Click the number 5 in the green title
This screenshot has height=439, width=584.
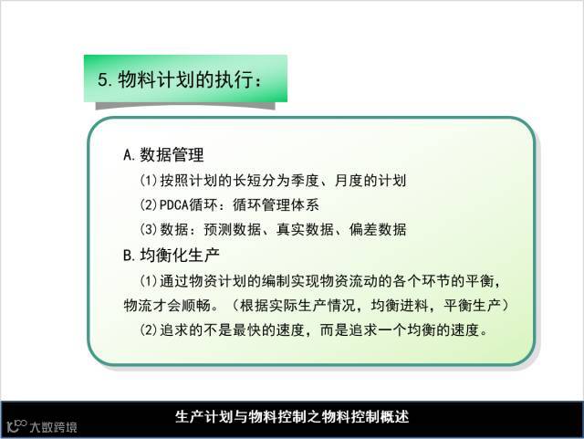103,79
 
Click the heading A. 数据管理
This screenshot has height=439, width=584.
163,154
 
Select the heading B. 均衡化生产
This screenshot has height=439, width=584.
172,256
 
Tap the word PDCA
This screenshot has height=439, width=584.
174,205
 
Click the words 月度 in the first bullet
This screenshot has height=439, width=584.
349,181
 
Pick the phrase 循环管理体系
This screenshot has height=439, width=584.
276,205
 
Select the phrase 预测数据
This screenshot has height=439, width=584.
233,230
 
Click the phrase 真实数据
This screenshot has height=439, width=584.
305,230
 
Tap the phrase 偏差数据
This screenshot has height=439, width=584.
378,230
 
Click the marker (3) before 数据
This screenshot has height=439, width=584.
149,230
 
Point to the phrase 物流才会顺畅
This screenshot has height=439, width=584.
167,306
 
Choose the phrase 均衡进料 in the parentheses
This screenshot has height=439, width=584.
400,306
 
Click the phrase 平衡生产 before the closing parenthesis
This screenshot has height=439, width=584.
473,306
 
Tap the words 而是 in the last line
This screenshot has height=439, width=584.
334,329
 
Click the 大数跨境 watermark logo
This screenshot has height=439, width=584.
42,426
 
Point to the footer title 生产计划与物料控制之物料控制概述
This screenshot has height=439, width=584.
292,417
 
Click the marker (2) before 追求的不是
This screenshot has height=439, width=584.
149,329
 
